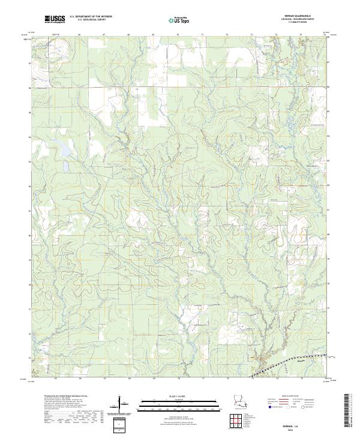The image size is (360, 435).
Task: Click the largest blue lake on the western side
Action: [64, 151]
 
